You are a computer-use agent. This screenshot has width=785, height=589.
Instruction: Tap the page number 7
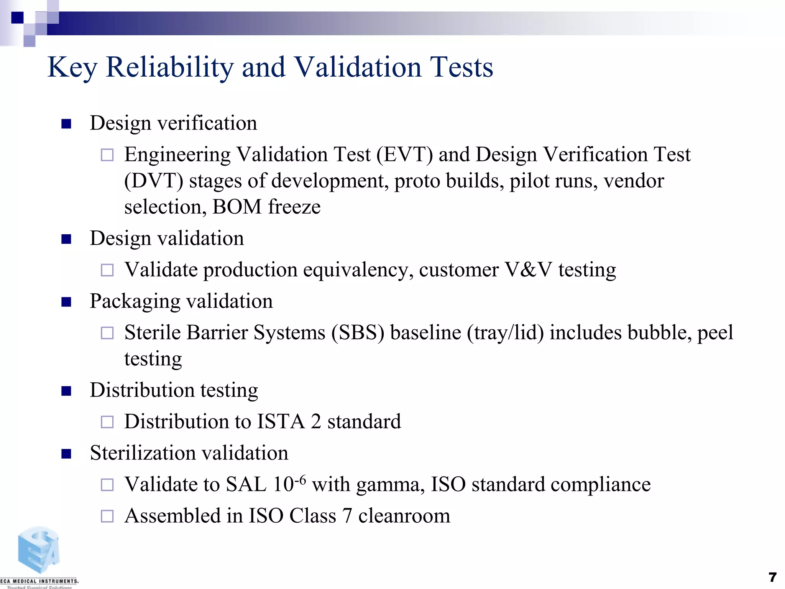click(x=772, y=577)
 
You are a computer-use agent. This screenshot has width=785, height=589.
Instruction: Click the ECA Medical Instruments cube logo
click(x=38, y=551)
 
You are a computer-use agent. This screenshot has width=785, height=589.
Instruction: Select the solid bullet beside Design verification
click(x=66, y=124)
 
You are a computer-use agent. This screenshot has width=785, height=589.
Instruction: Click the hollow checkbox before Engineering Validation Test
click(x=107, y=155)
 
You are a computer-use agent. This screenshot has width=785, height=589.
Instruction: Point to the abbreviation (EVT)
click(x=404, y=155)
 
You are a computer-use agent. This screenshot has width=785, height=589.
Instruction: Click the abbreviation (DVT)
click(x=154, y=181)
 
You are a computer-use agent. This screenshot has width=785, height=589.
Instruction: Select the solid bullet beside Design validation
click(x=66, y=239)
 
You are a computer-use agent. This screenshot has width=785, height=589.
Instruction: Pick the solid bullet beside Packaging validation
click(x=66, y=302)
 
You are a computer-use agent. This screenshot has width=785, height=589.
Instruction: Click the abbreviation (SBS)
click(x=358, y=333)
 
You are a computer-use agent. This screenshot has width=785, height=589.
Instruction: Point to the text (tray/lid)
click(x=505, y=333)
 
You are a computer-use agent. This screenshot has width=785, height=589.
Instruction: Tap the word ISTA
click(x=281, y=422)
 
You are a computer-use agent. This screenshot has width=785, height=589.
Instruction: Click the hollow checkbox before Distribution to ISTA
click(x=107, y=422)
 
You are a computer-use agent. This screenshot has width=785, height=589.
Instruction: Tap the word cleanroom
click(x=404, y=516)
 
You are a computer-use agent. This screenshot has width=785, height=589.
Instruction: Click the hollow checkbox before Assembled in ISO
click(x=107, y=516)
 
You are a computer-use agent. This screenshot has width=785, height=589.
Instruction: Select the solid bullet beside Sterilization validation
click(x=66, y=454)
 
